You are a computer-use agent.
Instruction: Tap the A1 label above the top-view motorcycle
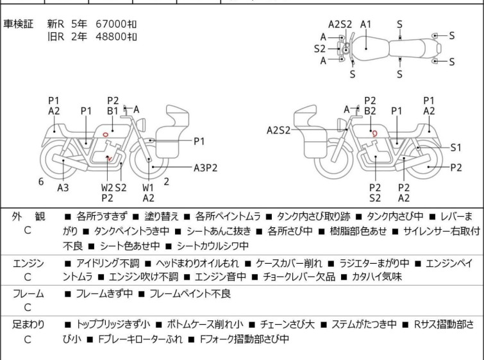[x=366, y=24]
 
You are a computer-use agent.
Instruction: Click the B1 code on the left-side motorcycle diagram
[x=112, y=110]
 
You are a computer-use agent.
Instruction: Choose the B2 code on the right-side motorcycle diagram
[x=370, y=110]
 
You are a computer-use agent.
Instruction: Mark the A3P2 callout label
[x=206, y=168]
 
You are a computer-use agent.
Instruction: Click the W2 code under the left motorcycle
[x=106, y=188]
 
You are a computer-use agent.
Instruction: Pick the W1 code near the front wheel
[x=148, y=188]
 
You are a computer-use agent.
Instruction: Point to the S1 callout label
[x=456, y=147]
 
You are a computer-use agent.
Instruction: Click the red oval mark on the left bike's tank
[x=104, y=134]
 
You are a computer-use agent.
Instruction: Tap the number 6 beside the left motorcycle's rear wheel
[x=41, y=182]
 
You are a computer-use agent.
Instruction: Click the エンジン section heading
[x=28, y=263]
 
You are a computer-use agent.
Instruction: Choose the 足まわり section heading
[x=28, y=325]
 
